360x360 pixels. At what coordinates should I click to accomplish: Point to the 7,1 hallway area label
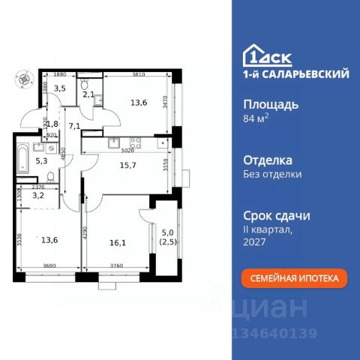click(x=73, y=127)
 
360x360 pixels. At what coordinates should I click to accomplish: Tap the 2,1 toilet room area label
click(x=88, y=94)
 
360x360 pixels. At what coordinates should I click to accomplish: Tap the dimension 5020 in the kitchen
click(x=118, y=150)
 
